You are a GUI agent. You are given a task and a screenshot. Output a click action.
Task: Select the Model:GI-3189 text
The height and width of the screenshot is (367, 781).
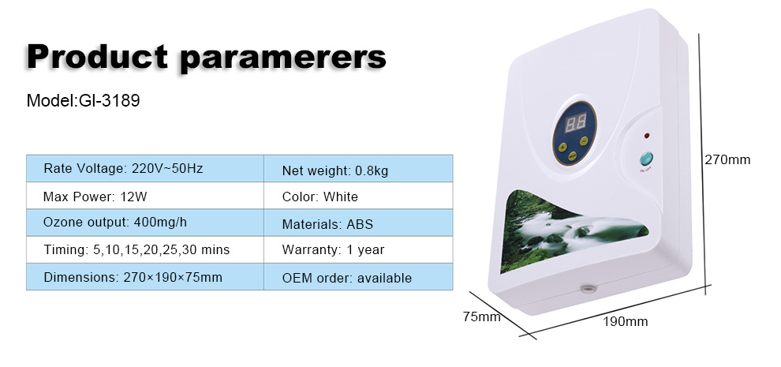83,101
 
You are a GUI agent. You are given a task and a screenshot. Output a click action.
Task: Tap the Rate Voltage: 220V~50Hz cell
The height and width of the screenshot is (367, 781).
145,169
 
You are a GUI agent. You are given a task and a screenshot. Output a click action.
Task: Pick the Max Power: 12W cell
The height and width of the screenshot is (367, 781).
145,196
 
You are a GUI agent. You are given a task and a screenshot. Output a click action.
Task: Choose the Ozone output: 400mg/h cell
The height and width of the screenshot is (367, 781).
145,223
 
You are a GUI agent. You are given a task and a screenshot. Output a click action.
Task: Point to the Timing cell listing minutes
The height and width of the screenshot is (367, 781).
145,249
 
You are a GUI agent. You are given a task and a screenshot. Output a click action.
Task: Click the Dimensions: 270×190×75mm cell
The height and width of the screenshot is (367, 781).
145,277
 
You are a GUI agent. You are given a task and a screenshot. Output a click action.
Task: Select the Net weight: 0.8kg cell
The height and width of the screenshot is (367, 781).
358,169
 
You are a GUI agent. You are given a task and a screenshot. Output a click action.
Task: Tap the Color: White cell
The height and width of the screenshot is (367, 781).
358,196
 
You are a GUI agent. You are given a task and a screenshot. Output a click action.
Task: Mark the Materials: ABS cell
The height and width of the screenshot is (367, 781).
358,223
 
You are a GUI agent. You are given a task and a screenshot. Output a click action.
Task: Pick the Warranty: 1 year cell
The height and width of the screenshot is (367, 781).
358,249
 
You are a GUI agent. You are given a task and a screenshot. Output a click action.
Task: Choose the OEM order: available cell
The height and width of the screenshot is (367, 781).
358,277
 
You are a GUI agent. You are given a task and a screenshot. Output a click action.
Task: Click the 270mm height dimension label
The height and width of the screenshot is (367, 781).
727,159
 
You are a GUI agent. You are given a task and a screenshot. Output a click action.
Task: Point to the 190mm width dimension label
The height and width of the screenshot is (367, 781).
625,322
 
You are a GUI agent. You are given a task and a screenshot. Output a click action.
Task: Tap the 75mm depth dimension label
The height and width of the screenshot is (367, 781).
482,316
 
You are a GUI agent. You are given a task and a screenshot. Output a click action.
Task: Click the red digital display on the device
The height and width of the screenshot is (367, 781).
574,122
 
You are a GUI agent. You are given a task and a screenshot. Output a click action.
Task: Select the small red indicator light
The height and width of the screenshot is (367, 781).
647,136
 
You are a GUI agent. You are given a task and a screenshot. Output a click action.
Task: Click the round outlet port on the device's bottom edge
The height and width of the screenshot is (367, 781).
589,288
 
